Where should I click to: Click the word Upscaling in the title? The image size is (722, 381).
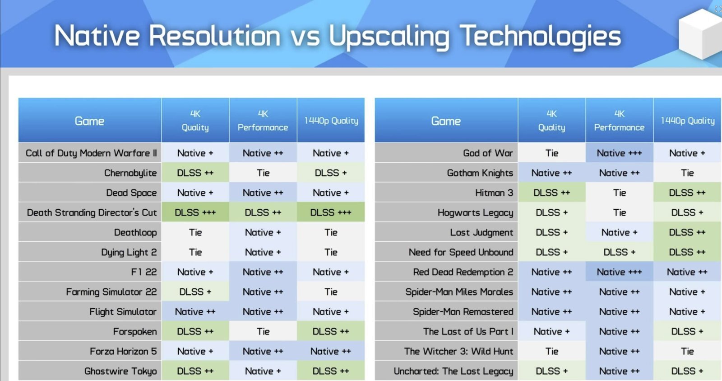[389, 36]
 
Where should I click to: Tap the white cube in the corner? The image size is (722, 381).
[700, 34]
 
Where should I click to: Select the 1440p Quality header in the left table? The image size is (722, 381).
[331, 120]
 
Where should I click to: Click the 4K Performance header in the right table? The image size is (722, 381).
[619, 120]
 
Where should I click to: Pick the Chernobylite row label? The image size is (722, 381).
[130, 173]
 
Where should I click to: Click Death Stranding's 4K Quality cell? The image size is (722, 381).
[195, 212]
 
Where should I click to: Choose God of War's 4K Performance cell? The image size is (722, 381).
[619, 153]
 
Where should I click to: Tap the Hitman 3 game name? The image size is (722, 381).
[494, 193]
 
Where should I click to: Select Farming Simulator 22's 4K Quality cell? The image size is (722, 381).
[195, 292]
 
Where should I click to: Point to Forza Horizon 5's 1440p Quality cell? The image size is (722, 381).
[331, 351]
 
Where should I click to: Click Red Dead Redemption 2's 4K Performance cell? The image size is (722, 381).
[619, 272]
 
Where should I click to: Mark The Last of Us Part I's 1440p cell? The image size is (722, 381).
[687, 331]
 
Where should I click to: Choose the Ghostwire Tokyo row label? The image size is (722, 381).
[120, 371]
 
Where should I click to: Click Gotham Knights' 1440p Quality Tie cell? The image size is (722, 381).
[687, 173]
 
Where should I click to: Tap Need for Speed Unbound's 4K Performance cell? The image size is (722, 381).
[619, 252]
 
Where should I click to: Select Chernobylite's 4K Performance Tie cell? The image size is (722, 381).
[263, 173]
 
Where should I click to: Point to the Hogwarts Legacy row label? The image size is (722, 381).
[475, 213]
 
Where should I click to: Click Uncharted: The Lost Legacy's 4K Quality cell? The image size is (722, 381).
[551, 371]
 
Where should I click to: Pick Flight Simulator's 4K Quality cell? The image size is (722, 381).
[195, 311]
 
